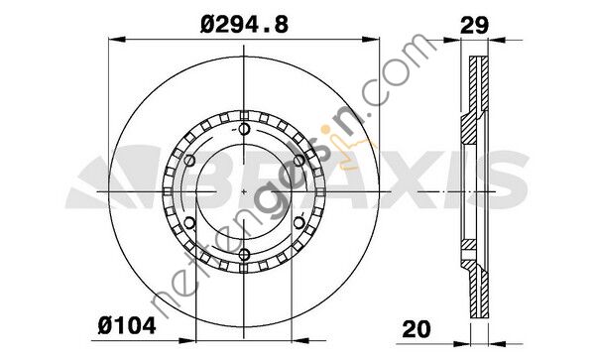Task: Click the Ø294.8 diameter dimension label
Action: pyautogui.click(x=244, y=25)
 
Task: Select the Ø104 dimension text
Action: pyautogui.click(x=127, y=326)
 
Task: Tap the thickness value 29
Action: pyautogui.click(x=474, y=26)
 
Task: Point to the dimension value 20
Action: pyautogui.click(x=416, y=329)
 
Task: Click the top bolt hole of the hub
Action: pyautogui.click(x=244, y=129)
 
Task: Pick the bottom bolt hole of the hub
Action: pyautogui.click(x=244, y=254)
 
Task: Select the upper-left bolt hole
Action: pyautogui.click(x=189, y=161)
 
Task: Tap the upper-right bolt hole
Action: pyautogui.click(x=299, y=161)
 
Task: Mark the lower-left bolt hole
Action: pyautogui.click(x=189, y=223)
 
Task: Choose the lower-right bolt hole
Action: pyautogui.click(x=299, y=223)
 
